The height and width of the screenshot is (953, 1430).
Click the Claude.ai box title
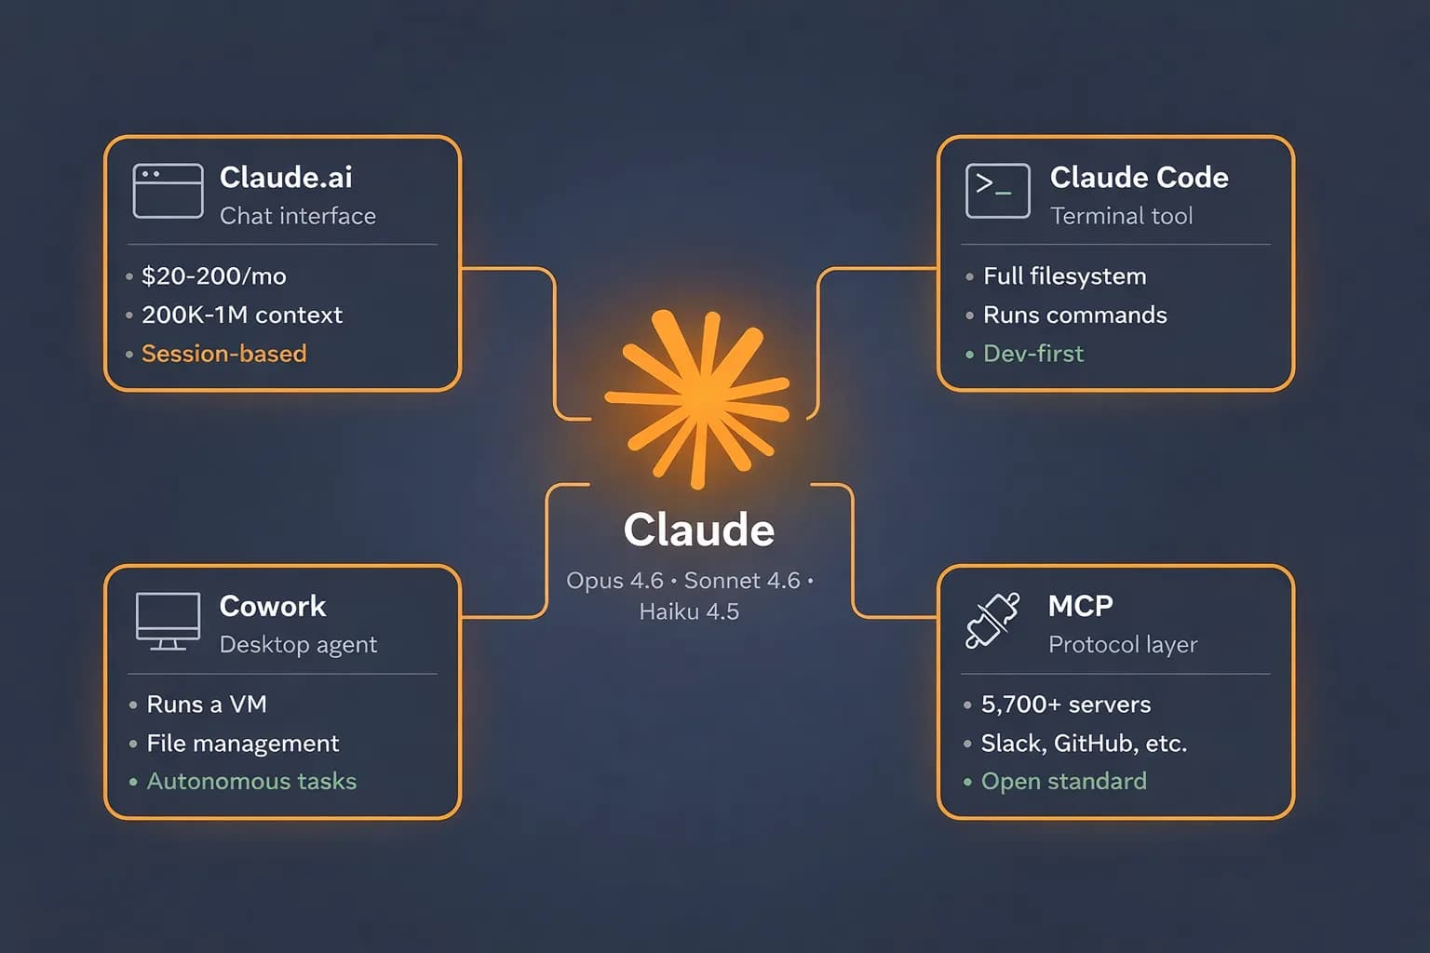[286, 177]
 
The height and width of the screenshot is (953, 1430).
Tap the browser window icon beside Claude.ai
[168, 191]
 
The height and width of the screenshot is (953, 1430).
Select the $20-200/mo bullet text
[213, 276]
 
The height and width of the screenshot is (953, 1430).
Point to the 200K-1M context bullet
[241, 315]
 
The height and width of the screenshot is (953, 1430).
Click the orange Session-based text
[223, 354]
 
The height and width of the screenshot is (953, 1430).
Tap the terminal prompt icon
[997, 191]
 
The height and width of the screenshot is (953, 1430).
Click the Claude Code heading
[1139, 177]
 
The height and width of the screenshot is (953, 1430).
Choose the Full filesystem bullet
[1064, 276]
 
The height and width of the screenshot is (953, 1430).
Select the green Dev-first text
[1032, 354]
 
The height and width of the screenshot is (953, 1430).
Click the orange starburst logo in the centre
[697, 399]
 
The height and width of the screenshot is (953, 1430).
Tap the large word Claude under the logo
[698, 530]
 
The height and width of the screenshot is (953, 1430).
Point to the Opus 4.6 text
[614, 581]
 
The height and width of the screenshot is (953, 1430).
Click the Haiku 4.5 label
[689, 611]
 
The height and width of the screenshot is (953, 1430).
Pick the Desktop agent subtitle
[298, 644]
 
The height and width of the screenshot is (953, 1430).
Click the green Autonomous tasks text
[251, 782]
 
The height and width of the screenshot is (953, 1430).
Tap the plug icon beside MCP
[992, 621]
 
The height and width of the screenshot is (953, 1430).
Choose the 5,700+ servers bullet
[1065, 705]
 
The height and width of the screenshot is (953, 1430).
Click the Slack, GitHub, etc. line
[1084, 744]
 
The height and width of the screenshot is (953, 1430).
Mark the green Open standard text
[1063, 782]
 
